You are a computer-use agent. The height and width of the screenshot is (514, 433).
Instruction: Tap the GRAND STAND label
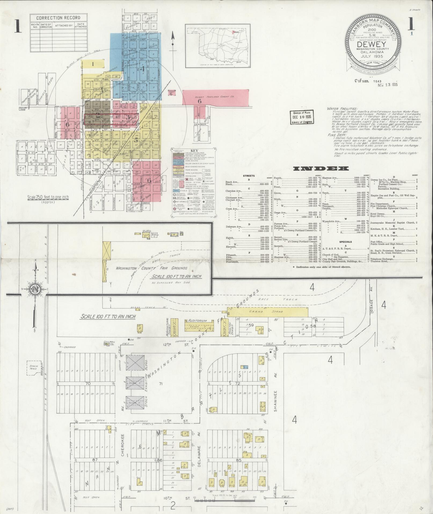click(274, 312)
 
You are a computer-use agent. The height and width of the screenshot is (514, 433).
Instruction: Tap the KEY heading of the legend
click(193, 150)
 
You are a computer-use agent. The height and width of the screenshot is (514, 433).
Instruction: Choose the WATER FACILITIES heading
click(342, 109)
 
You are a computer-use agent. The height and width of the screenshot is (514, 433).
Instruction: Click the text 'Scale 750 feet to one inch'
click(48, 197)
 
